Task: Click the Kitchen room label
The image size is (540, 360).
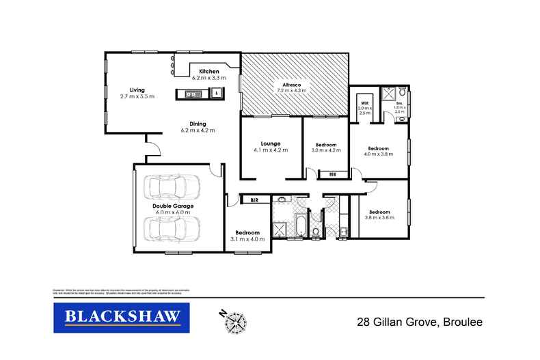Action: tap(208, 72)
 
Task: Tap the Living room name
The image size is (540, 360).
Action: tap(137, 89)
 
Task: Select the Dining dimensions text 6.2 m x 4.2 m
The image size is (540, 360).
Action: tap(198, 130)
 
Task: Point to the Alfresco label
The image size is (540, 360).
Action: tap(293, 83)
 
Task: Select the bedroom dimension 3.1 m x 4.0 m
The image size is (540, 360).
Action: tap(247, 239)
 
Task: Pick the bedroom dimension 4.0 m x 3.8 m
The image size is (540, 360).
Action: tap(378, 154)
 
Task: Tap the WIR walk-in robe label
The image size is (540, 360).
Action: tap(364, 103)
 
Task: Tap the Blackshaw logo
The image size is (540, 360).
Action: tap(117, 318)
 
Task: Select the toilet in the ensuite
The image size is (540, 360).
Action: tap(403, 91)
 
